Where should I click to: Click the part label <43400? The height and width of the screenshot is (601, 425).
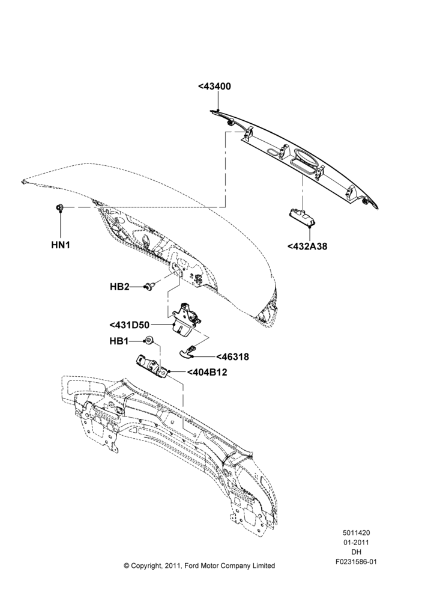point(215,87)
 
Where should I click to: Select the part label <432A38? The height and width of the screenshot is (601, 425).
point(307,246)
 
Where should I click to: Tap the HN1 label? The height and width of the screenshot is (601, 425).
point(61,245)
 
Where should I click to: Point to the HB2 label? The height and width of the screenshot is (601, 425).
point(120,286)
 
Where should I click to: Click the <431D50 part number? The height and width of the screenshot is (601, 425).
point(130,325)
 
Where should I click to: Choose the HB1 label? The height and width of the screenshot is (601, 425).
point(119,341)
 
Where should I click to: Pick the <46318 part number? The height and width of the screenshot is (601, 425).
point(232,357)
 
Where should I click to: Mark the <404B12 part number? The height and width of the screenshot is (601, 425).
point(207,372)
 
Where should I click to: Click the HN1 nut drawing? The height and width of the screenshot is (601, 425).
point(59,207)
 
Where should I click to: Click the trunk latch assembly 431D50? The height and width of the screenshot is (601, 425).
point(185,319)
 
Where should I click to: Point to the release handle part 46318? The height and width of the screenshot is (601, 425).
point(188,351)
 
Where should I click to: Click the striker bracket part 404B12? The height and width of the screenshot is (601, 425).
point(152,366)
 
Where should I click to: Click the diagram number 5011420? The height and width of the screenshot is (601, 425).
point(356,532)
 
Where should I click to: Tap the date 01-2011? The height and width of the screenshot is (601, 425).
point(356,542)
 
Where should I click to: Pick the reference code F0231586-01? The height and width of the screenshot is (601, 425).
point(356,562)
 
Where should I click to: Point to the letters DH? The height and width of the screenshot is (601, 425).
point(356,552)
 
